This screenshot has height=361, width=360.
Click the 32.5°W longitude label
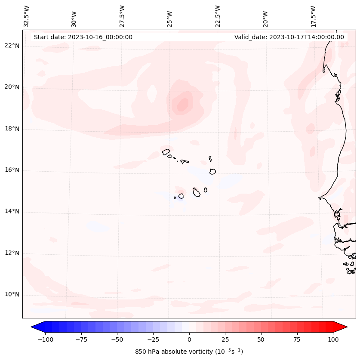(x=27, y=16)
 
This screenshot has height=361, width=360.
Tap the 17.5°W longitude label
(x=314, y=16)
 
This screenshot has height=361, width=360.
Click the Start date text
(x=83, y=37)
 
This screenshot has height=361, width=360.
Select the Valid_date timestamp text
(x=289, y=37)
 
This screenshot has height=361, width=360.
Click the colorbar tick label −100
(x=45, y=339)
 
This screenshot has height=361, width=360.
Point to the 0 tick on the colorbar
(x=189, y=339)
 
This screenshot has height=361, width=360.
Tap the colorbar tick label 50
(x=261, y=339)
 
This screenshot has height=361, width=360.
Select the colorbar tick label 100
(x=333, y=339)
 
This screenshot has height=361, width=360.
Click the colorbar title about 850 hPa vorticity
(x=189, y=352)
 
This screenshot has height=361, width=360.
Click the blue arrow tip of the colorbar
(x=33, y=327)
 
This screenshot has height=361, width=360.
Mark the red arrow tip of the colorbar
(x=346, y=327)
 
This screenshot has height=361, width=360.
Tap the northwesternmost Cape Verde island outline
(x=166, y=152)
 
